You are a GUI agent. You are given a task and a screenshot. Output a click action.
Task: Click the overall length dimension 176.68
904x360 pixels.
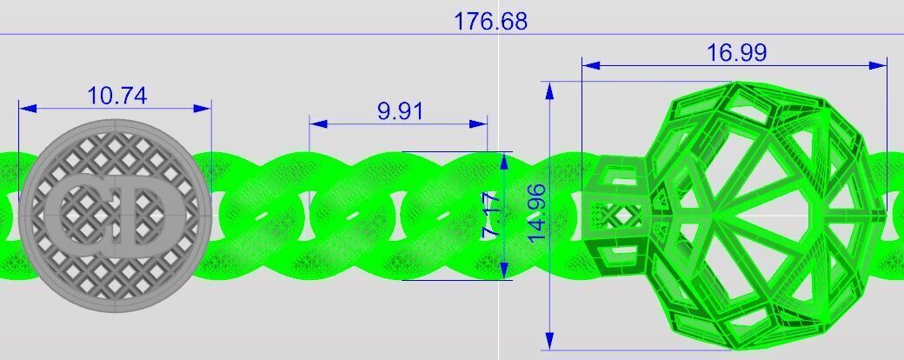[490, 21]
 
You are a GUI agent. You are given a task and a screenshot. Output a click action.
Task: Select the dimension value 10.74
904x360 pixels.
[116, 95]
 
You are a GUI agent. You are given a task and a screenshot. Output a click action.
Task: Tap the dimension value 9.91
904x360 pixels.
[399, 111]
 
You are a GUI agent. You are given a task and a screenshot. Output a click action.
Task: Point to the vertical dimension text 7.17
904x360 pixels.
[490, 223]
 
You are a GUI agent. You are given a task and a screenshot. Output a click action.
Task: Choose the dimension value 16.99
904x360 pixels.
[736, 53]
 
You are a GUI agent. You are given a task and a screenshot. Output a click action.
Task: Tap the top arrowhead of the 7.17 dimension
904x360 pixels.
[503, 160]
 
